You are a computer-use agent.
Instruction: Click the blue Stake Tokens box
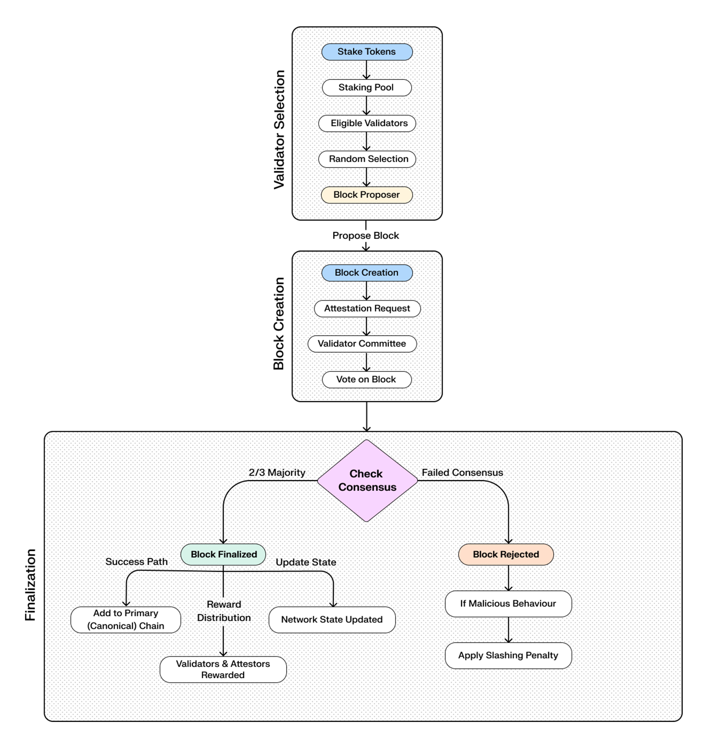point(367,52)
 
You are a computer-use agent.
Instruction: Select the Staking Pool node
point(367,88)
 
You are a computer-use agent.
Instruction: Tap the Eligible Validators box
point(367,123)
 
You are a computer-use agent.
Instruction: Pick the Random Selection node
point(367,159)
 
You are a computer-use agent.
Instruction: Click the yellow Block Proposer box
point(367,195)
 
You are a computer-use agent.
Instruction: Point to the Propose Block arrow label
point(365,235)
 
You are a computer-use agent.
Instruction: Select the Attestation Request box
point(367,309)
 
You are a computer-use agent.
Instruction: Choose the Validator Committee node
point(362,344)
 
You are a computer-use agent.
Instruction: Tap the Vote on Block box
point(367,380)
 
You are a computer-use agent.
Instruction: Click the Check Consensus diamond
point(367,481)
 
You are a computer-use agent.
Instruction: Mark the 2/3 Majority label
point(277,473)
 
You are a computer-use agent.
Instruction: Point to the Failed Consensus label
point(462,473)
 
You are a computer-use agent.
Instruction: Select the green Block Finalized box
point(223,554)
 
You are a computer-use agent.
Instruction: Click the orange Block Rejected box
point(506,554)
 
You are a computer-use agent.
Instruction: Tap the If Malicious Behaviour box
point(508,604)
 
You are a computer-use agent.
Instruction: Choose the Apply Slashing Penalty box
point(508,655)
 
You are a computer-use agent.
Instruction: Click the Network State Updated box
point(332,620)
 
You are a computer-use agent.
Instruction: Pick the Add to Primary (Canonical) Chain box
point(126,620)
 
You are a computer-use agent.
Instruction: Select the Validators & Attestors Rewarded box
point(223,669)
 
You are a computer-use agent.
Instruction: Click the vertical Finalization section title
point(30,585)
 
